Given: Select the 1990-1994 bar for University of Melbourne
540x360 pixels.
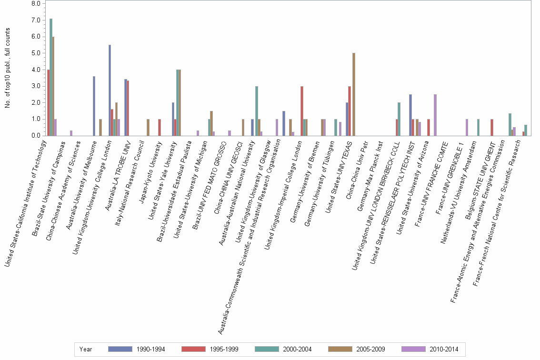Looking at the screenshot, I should (94, 106).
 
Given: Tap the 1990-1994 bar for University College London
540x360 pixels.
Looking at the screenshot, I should (110, 90).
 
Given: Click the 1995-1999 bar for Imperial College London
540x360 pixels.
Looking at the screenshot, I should (302, 111).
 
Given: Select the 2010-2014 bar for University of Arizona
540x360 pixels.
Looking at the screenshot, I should (435, 115).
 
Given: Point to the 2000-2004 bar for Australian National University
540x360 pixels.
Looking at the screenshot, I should (257, 111).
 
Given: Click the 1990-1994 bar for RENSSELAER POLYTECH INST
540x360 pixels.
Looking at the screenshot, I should (410, 115).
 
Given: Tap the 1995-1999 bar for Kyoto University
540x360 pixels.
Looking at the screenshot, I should (160, 127).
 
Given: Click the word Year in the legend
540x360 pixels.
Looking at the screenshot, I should (86, 350).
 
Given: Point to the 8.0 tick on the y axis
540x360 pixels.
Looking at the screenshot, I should (35, 4).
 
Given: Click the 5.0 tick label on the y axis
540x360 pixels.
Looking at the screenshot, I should (35, 53).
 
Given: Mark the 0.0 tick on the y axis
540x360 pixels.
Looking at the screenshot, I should (35, 136).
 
